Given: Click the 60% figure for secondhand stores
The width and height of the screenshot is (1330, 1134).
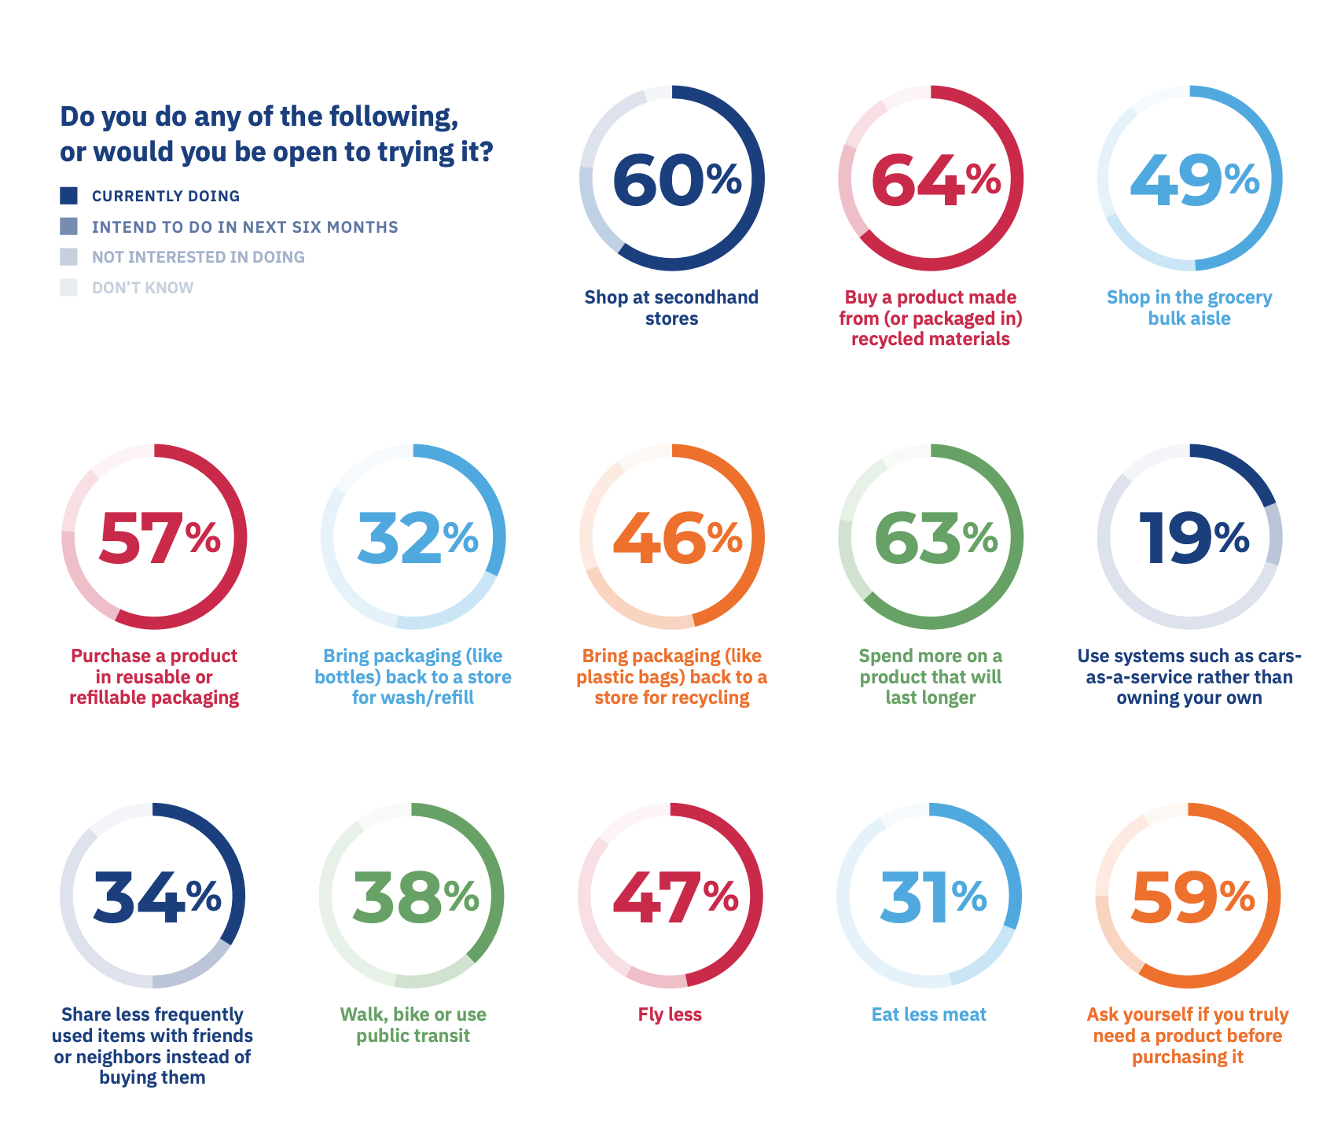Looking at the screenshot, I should coord(675,179).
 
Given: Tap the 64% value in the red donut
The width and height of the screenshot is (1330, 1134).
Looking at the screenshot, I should coord(935,179).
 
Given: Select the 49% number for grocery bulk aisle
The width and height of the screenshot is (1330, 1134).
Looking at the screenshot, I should coord(1193,179).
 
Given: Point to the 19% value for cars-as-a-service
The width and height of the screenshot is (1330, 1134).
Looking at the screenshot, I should coord(1193,538).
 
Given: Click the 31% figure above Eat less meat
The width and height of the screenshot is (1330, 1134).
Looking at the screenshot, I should coord(932,897).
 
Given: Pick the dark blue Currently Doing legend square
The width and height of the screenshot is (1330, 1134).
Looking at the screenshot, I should coord(69,196).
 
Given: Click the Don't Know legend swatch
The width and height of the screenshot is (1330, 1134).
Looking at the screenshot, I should coord(69,287).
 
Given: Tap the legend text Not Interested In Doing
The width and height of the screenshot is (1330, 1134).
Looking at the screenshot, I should coord(198,257).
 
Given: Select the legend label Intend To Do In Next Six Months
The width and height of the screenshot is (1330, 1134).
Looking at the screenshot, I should coord(244,227).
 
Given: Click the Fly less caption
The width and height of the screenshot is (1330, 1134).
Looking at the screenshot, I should coord(670,1014).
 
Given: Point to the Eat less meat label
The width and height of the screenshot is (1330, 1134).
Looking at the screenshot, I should coord(928,1014).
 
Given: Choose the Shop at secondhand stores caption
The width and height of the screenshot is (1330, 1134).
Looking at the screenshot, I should coord(671,307).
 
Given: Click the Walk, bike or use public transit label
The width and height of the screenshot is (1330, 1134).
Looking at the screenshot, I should coord(413,1025).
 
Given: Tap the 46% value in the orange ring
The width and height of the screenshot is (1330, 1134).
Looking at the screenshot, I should coord(677,538).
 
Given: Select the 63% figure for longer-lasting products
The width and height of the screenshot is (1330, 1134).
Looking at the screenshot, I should coord(935,538).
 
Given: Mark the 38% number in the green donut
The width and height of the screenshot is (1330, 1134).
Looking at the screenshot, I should coord(415,897).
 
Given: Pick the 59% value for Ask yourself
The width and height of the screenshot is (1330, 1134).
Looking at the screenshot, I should coord(1192,897).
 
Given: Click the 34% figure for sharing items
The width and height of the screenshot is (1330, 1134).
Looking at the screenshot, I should coord(156,897).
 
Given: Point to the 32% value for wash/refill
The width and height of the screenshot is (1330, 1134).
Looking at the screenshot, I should coord(417,538).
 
